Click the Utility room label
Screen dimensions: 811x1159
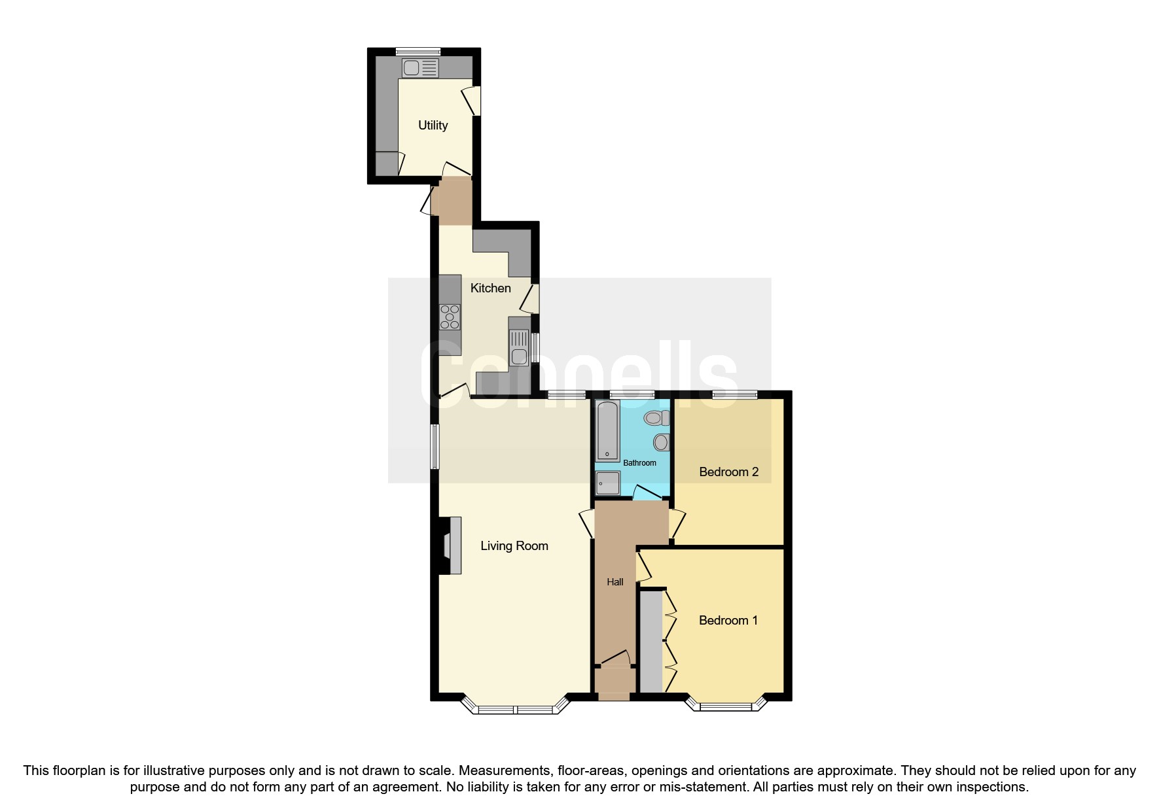click(x=433, y=125)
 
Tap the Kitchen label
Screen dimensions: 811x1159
click(x=490, y=288)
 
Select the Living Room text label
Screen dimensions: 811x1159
click(x=514, y=545)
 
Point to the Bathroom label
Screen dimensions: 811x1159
click(x=639, y=463)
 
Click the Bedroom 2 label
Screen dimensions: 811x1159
click(x=728, y=472)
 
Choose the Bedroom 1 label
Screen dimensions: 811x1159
click(x=728, y=620)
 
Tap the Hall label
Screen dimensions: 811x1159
click(x=615, y=581)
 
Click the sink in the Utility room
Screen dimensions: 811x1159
click(x=420, y=67)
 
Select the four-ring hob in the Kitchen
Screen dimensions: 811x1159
click(x=450, y=317)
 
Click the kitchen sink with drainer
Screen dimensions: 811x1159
click(x=519, y=347)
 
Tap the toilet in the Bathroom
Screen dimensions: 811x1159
click(x=655, y=417)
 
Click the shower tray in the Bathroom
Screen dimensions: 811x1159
click(x=608, y=483)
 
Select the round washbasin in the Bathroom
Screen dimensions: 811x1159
click(x=661, y=442)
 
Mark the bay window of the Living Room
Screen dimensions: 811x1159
click(x=514, y=708)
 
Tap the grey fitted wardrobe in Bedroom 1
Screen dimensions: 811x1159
click(x=651, y=641)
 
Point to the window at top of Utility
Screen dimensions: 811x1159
click(x=418, y=52)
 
